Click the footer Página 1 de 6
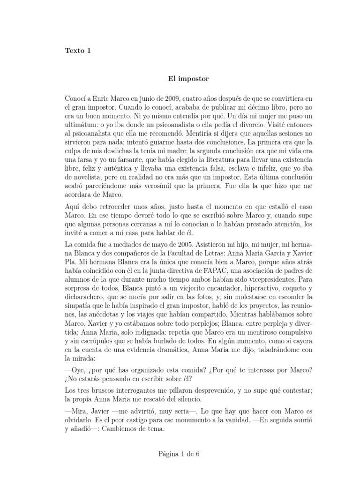pyautogui.click(x=180, y=454)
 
